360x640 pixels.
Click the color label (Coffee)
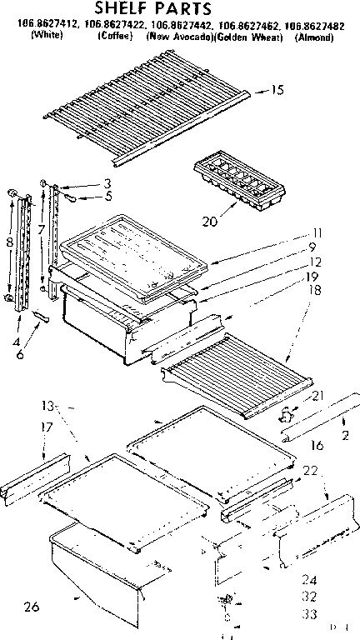coord(115,38)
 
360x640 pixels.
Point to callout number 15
coord(278,91)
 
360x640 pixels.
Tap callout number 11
coord(317,232)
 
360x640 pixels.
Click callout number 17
coord(24,427)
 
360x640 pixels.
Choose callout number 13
coord(48,406)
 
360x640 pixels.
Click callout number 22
coord(311,472)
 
